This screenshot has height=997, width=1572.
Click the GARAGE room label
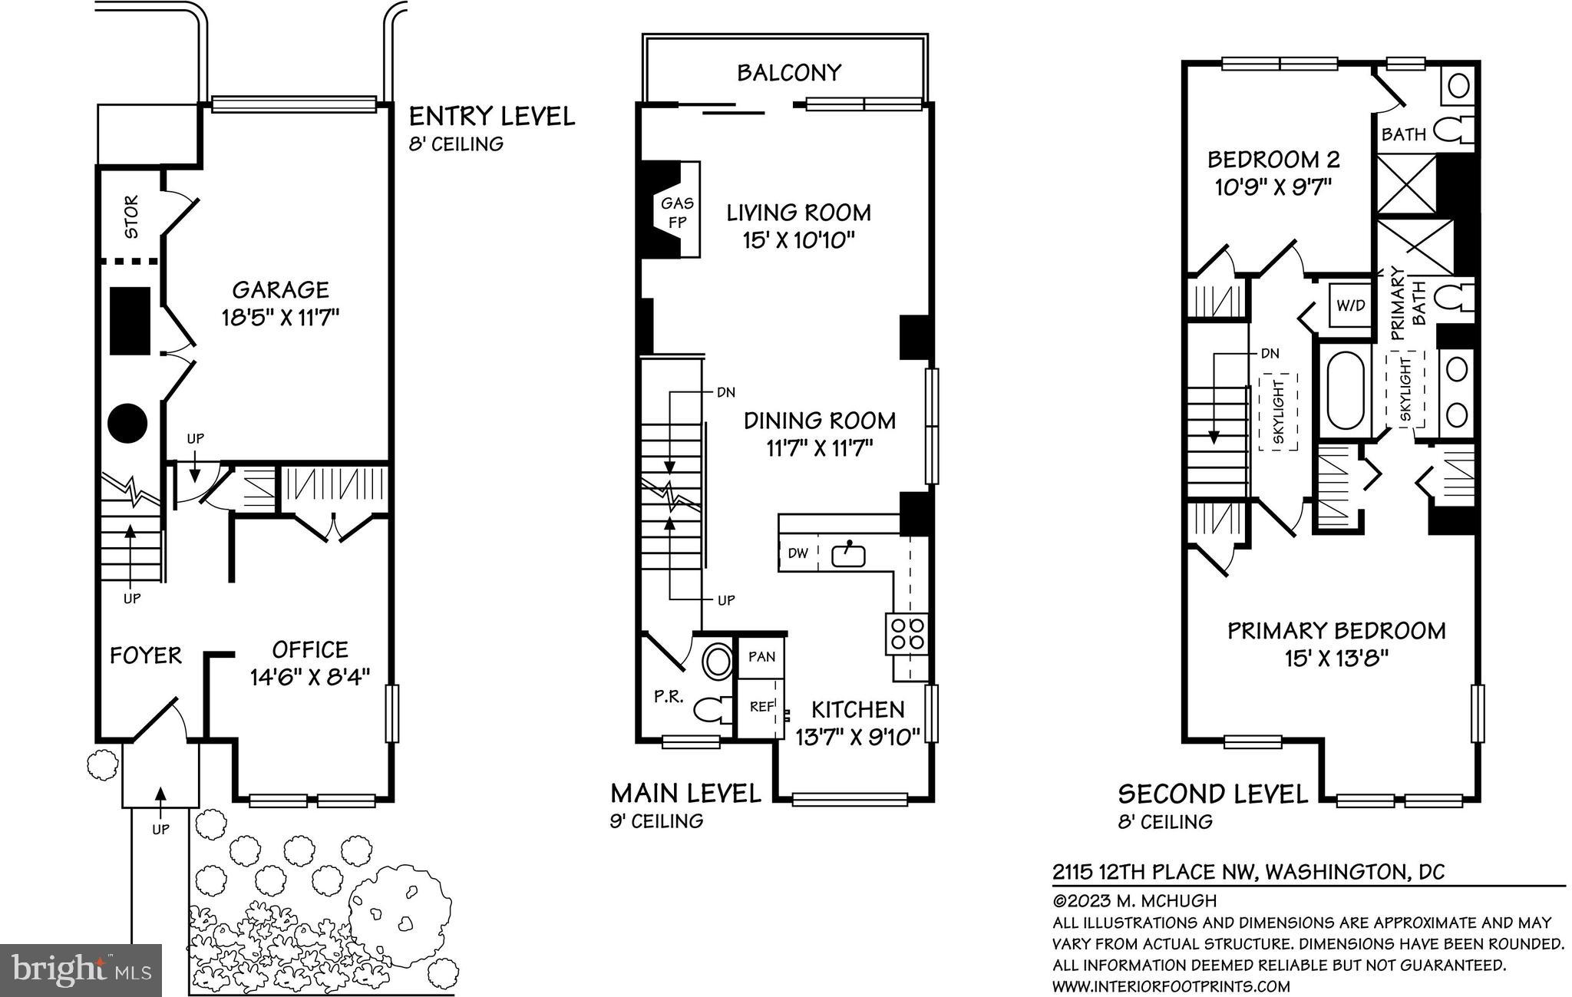(x=281, y=290)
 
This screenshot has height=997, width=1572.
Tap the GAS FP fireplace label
(x=677, y=213)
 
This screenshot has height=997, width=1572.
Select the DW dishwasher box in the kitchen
(x=798, y=553)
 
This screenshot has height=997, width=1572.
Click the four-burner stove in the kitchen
(x=907, y=634)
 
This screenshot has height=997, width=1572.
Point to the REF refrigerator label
(x=761, y=706)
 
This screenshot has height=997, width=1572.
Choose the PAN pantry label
(x=761, y=657)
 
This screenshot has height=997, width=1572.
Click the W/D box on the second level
(x=1351, y=305)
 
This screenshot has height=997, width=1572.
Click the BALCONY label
(x=788, y=73)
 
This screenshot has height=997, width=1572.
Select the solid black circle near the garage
(x=127, y=422)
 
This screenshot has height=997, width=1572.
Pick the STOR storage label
(x=131, y=217)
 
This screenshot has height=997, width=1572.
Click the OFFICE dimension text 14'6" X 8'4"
(x=310, y=676)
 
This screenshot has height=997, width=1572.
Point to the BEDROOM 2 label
(x=1273, y=160)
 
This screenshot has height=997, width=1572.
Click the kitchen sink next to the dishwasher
(x=849, y=553)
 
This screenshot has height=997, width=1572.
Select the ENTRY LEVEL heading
(x=491, y=117)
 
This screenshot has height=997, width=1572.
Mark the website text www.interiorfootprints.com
(x=1171, y=986)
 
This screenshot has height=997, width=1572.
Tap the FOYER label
(x=145, y=655)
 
